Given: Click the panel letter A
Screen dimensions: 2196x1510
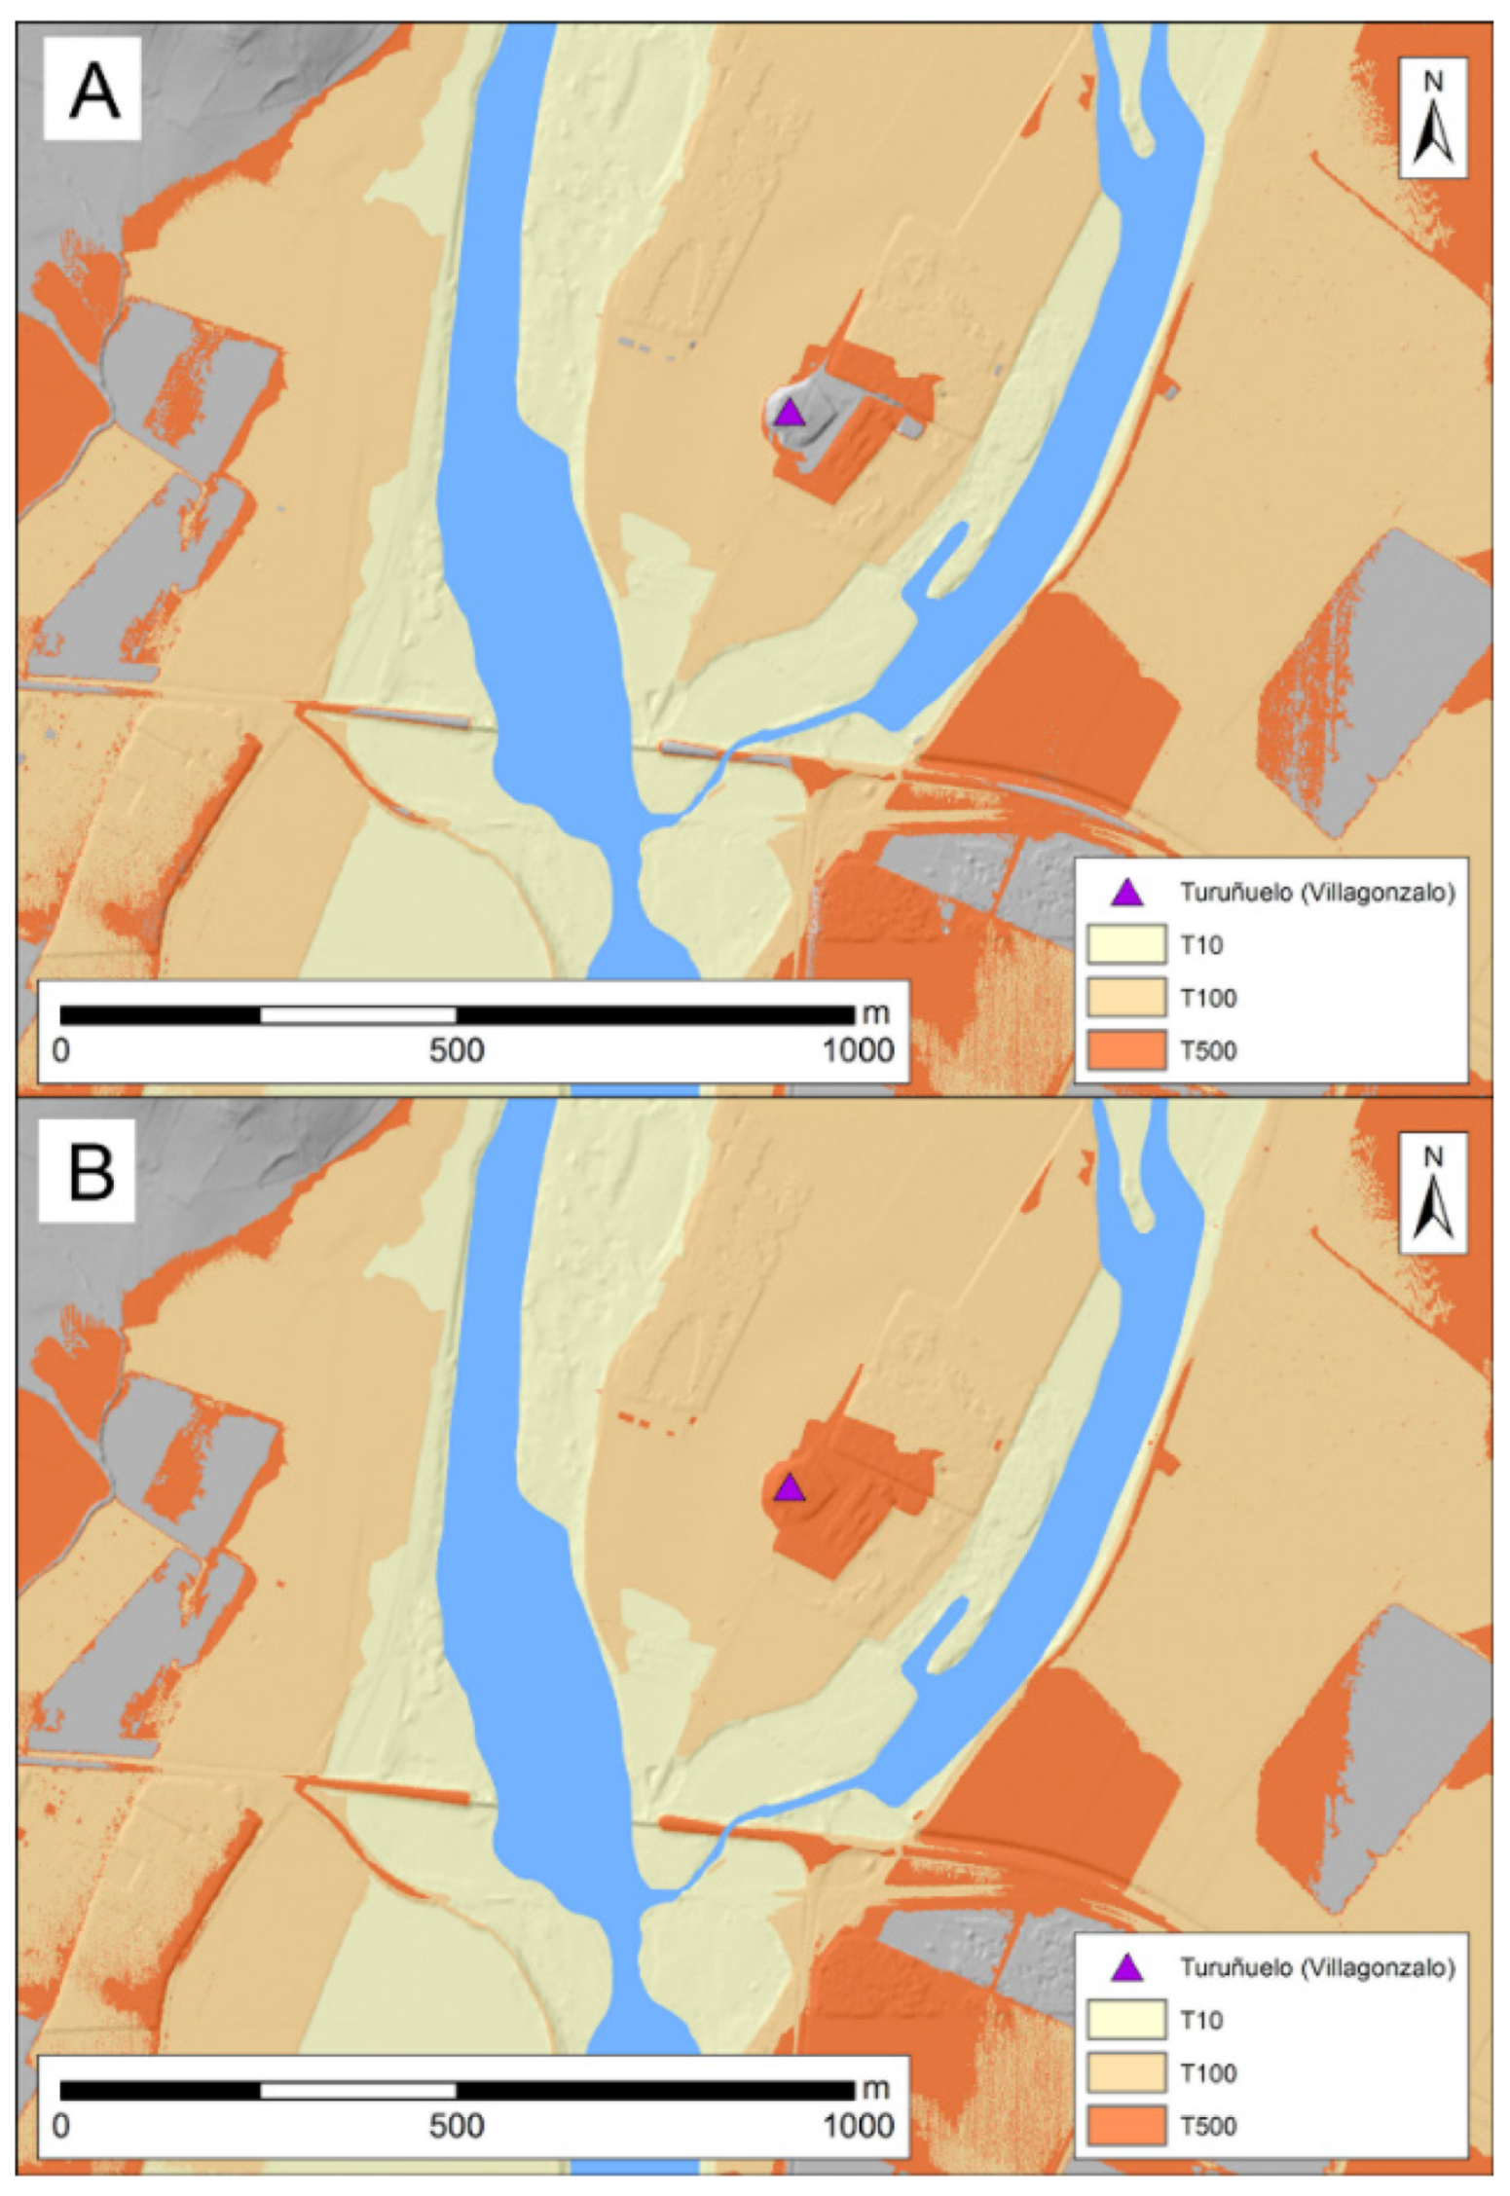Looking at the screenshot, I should (93, 91).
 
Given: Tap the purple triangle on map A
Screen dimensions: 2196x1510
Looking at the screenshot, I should (789, 413).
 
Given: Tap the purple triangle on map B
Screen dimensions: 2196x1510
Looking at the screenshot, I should (789, 1488).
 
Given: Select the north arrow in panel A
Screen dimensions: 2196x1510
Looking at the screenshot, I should (1433, 119).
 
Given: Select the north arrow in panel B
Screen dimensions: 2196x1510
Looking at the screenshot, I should (1433, 1194).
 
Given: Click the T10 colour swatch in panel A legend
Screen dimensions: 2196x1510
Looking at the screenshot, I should (1125, 944).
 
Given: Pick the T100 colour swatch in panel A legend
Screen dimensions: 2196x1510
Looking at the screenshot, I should (1125, 997).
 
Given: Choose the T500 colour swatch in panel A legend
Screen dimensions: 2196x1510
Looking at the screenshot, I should (1125, 1050).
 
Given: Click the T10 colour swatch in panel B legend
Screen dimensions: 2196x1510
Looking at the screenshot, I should (1125, 2020).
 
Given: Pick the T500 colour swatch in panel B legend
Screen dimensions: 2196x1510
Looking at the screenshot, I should (1125, 2126).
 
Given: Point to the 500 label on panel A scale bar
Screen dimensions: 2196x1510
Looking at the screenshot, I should (457, 1051).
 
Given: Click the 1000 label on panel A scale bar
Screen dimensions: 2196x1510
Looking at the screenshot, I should (858, 1051).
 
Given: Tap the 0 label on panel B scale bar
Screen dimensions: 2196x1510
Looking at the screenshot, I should (60, 2127).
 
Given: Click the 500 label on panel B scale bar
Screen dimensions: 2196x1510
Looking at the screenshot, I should (457, 2127).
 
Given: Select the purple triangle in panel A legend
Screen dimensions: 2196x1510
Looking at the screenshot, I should (1126, 893).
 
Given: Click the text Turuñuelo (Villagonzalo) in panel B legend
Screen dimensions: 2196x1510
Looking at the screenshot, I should (1317, 1967).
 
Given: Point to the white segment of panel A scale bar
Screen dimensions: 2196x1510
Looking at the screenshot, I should (357, 1015).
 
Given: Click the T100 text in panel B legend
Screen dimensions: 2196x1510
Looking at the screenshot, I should (1208, 2073).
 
